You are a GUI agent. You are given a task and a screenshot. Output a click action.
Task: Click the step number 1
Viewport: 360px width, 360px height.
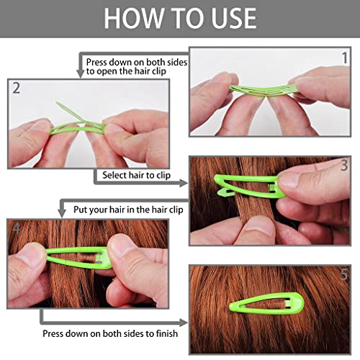345,58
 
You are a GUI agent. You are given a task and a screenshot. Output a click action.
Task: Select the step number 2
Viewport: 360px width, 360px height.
16,88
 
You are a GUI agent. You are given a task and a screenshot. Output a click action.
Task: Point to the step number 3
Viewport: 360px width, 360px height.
344,166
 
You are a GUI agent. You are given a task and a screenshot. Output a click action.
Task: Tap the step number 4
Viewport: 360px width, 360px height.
16,228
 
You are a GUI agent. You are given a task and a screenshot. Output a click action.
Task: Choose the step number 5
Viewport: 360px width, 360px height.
344,274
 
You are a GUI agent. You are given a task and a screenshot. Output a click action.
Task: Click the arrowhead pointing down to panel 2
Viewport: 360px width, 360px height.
80,73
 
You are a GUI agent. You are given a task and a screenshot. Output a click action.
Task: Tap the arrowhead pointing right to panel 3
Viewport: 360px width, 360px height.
184,184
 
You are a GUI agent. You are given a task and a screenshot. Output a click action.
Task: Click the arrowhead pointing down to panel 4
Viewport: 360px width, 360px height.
62,213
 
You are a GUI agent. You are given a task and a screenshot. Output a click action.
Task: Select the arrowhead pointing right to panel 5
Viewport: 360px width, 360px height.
184,323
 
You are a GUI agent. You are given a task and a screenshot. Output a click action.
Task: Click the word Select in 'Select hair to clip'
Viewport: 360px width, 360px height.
114,175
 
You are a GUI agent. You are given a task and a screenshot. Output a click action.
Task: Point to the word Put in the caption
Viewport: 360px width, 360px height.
80,210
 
